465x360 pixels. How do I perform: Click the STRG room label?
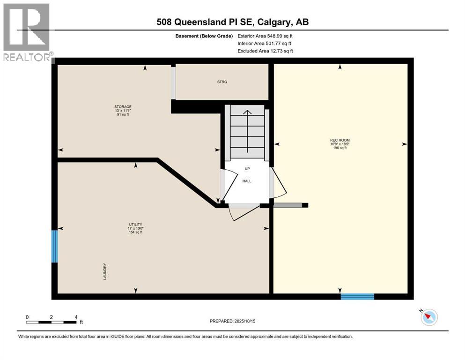(x=222, y=82)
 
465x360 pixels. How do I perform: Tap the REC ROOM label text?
(x=340, y=140)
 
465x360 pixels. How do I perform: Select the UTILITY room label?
(x=136, y=225)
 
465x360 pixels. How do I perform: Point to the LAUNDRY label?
(x=105, y=271)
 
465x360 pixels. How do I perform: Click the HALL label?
(x=247, y=180)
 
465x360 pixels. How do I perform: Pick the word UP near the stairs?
(x=247, y=168)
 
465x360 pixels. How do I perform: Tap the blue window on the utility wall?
(x=55, y=246)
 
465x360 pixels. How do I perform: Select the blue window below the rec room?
(x=357, y=296)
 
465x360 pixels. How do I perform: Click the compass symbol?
(x=428, y=317)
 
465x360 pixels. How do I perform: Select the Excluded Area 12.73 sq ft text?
(x=265, y=51)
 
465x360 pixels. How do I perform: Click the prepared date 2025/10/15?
(x=232, y=321)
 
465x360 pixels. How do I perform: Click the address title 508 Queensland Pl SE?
(x=232, y=22)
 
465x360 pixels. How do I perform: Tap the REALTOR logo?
(x=27, y=33)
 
